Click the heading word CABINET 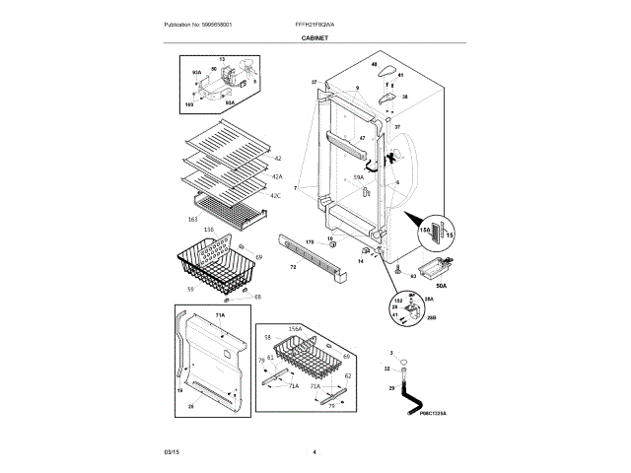pyautogui.click(x=315, y=37)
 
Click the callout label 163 pyautogui.click(x=193, y=218)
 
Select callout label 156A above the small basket pyautogui.click(x=295, y=329)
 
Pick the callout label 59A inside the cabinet pyautogui.click(x=359, y=176)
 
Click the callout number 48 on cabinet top pyautogui.click(x=374, y=64)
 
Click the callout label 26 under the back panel pyautogui.click(x=190, y=406)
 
